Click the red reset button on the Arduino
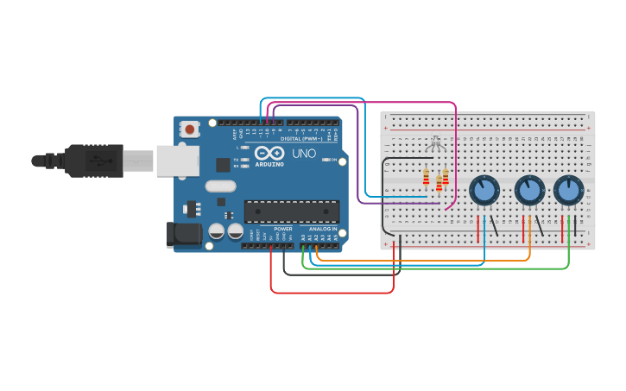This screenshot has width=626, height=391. click(x=189, y=129)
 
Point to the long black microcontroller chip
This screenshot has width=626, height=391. click(x=291, y=211)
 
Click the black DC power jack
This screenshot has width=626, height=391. click(x=183, y=234)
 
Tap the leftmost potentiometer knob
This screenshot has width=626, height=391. click(x=484, y=190)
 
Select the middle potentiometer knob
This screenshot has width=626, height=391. click(x=528, y=190)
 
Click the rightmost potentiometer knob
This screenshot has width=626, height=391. click(x=568, y=190)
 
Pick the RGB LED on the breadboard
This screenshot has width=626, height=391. click(x=435, y=143)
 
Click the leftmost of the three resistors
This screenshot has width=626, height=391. click(x=426, y=178)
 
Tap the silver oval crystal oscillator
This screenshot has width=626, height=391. click(x=220, y=185)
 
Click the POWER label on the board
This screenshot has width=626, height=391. click(x=282, y=229)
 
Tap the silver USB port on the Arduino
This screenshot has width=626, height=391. click(x=178, y=160)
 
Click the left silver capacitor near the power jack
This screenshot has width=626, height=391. click(x=215, y=231)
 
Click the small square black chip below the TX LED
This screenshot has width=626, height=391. click(x=223, y=164)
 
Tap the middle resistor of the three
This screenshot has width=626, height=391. click(x=439, y=182)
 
